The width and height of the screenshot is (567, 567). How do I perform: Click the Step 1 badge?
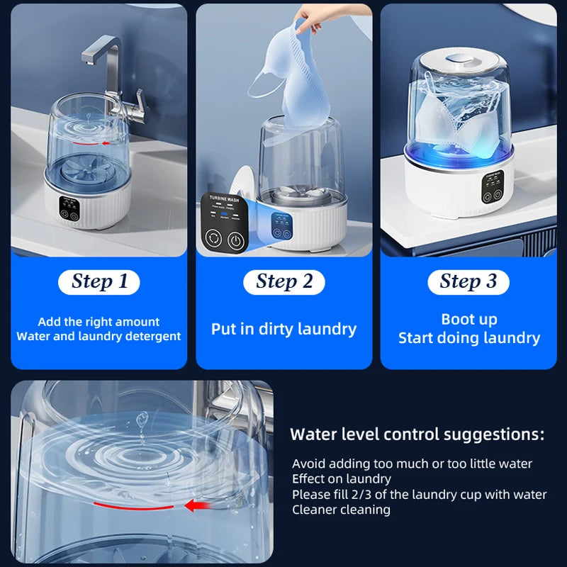tap(99, 281)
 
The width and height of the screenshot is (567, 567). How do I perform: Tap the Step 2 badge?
tap(283, 281)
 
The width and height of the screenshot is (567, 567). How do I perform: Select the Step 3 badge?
tap(468, 281)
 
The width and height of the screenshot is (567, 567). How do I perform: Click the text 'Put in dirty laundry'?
tap(283, 329)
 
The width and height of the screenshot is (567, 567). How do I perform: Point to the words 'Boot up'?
tap(469, 319)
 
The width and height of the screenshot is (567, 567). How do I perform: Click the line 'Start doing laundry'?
tap(469, 338)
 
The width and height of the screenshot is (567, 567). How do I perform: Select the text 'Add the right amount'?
tap(99, 322)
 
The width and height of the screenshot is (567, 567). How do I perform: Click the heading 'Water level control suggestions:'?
tap(417, 434)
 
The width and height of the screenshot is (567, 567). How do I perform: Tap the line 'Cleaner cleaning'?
tap(341, 510)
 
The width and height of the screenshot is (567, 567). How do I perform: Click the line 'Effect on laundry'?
tap(342, 479)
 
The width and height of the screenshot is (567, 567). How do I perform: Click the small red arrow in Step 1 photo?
tap(107, 142)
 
